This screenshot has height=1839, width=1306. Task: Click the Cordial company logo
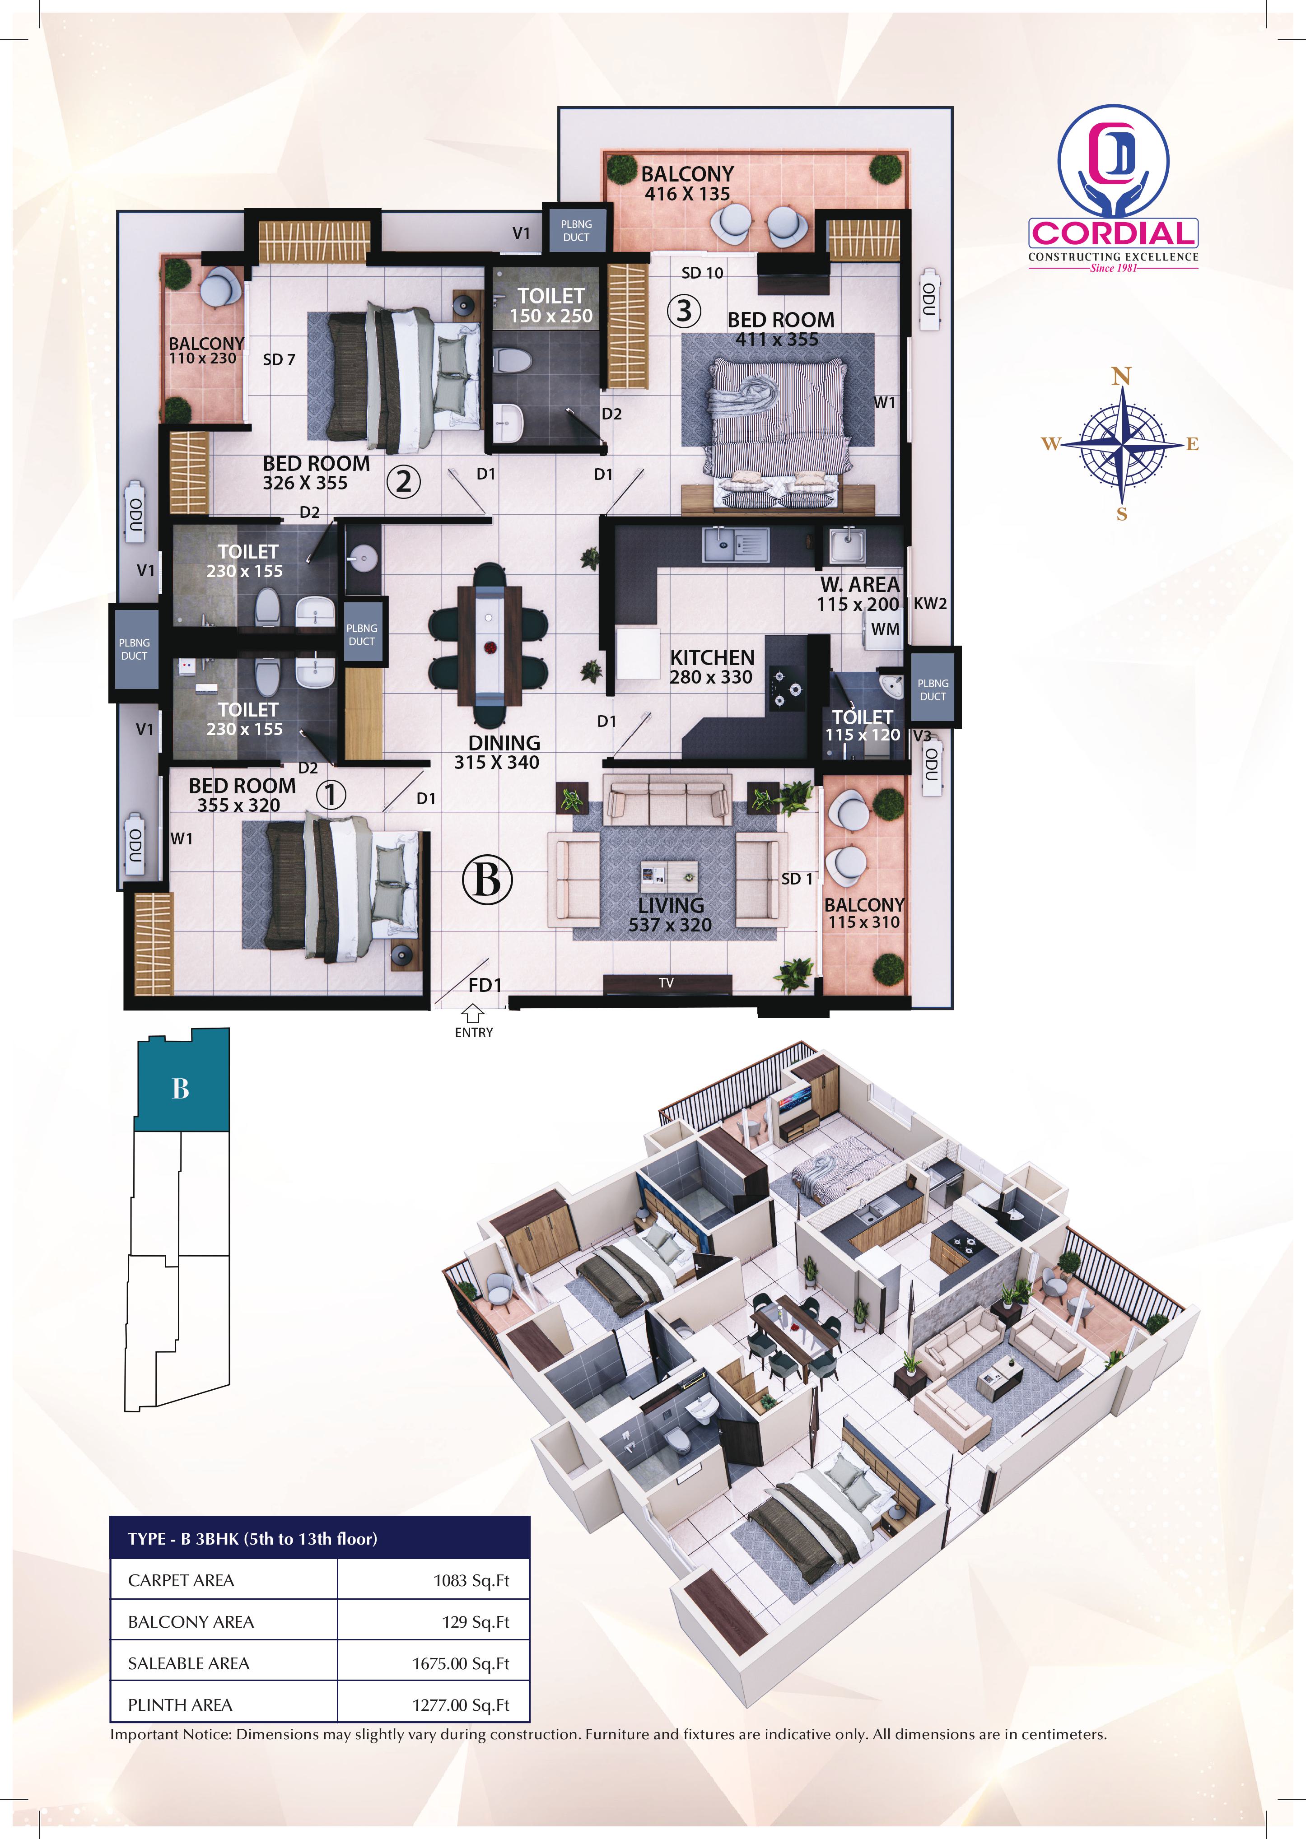(1113, 190)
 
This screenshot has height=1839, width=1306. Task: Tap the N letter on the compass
(1121, 376)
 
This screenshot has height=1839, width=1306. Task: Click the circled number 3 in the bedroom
(684, 310)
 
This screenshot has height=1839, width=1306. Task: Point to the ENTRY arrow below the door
(474, 1016)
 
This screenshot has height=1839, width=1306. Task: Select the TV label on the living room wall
(666, 982)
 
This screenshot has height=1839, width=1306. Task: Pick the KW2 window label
(930, 604)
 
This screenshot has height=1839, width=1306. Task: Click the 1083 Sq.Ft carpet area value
(471, 1580)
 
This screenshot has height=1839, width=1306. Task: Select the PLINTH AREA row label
(180, 1705)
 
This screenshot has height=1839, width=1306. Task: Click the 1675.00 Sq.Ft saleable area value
(461, 1663)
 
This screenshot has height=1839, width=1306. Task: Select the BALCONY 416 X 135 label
(688, 183)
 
